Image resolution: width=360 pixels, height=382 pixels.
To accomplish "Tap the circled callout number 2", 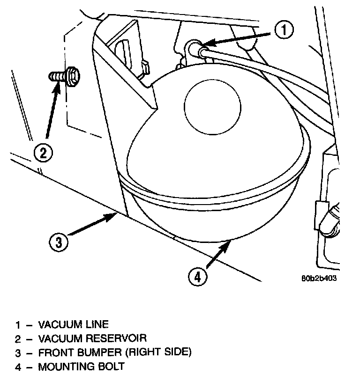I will click(43, 153).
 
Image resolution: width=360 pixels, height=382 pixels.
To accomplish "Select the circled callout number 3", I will click(58, 242).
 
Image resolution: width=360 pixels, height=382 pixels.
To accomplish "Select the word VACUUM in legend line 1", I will click(58, 324).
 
